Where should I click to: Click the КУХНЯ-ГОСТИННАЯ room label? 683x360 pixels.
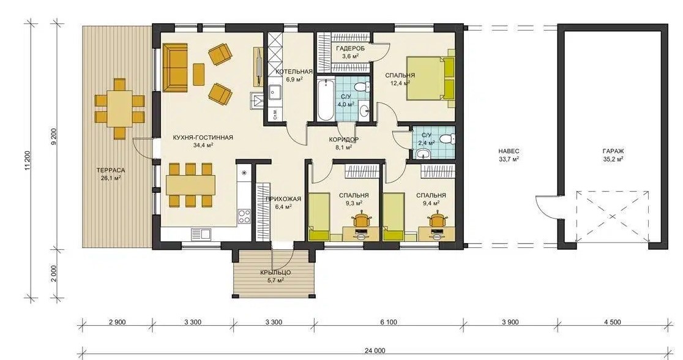(x=203, y=138)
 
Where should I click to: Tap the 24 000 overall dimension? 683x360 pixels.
(x=375, y=350)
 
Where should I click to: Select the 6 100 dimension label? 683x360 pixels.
(x=389, y=322)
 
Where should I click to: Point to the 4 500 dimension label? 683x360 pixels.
(x=613, y=322)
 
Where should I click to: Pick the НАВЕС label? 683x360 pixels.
(x=509, y=151)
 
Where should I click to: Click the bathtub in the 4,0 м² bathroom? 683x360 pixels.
(x=325, y=100)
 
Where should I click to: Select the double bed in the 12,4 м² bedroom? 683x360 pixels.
(x=430, y=78)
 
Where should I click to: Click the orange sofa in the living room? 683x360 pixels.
(x=175, y=67)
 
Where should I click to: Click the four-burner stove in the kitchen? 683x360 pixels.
(x=244, y=217)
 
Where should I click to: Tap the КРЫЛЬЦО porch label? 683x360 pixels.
(x=275, y=273)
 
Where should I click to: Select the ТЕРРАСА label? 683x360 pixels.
(x=111, y=170)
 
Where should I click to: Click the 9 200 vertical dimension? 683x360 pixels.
(x=54, y=137)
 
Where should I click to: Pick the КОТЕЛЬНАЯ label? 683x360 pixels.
(x=294, y=72)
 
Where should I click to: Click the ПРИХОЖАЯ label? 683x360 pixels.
(x=283, y=199)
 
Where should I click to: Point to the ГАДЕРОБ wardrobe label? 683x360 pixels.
(x=350, y=48)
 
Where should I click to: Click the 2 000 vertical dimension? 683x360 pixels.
(x=54, y=274)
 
